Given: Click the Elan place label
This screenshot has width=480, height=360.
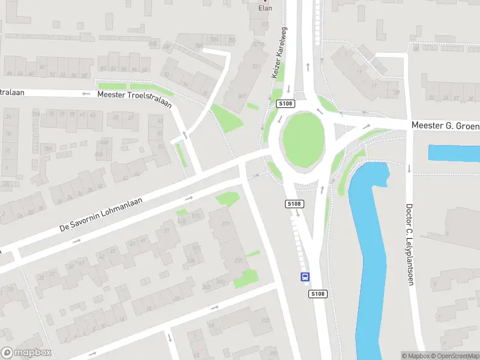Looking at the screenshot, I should pyautogui.click(x=265, y=8).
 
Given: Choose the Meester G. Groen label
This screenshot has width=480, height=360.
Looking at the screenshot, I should pyautogui.click(x=445, y=126).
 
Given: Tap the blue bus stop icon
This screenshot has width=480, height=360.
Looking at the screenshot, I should pyautogui.click(x=305, y=277).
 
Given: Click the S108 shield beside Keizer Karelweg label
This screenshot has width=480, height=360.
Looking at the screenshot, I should pyautogui.click(x=286, y=104).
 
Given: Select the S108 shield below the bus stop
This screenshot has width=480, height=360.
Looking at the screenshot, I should pyautogui.click(x=318, y=294).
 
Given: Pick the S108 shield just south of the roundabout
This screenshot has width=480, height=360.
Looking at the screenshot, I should pyautogui.click(x=293, y=204).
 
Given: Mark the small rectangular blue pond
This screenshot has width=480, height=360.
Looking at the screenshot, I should pyautogui.click(x=454, y=153).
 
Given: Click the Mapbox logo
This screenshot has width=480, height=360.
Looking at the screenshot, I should pyautogui.click(x=26, y=353).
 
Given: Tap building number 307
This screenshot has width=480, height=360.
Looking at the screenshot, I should pyautogui.click(x=242, y=96).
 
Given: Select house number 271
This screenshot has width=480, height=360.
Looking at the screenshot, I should pyautogui.click(x=226, y=224).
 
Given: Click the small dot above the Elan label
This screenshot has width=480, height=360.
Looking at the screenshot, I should pyautogui.click(x=265, y=1).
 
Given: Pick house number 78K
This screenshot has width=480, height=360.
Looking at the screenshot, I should pyautogui.click(x=198, y=47).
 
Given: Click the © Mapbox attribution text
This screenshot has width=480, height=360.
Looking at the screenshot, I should pyautogui.click(x=416, y=356).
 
